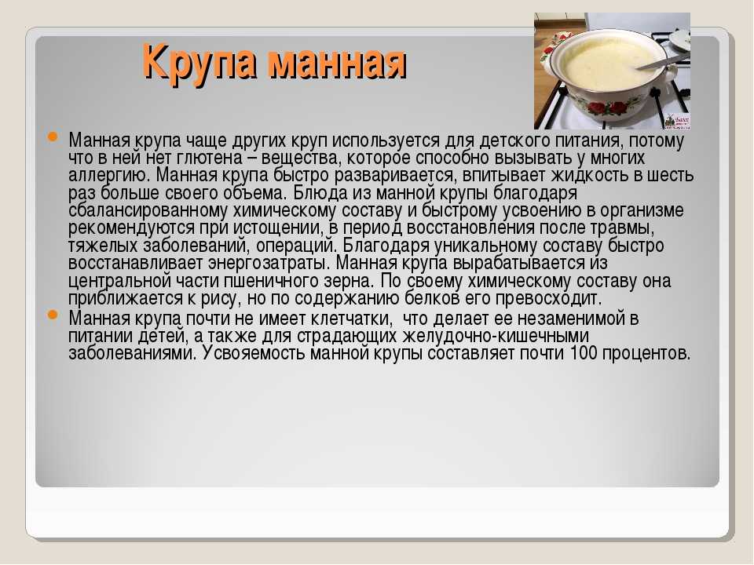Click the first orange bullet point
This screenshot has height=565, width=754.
[x=52, y=137]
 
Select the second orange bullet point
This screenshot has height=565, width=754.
[x=52, y=315]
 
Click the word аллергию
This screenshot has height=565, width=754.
[x=110, y=176]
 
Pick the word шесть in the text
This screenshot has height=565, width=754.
[x=670, y=175]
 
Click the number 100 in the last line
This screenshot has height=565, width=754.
[x=584, y=354]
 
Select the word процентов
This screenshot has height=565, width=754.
[x=646, y=354]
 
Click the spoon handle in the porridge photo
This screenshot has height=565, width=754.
[x=664, y=62]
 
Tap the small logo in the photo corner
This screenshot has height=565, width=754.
[x=677, y=121]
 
